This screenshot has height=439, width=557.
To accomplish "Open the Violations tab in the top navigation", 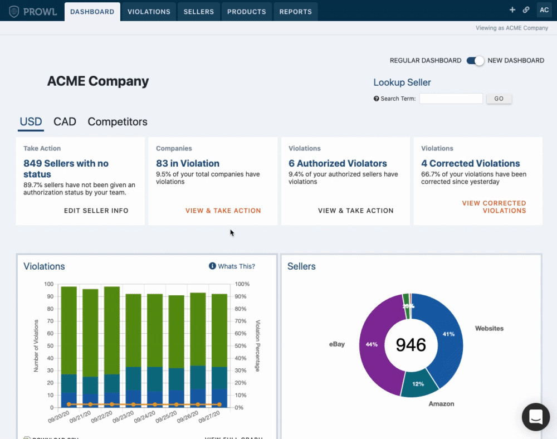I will pos(149,12).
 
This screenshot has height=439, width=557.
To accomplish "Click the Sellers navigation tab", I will pos(198,12).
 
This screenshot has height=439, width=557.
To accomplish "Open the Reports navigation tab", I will pos(295,12).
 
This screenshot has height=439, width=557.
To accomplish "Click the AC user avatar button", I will pos(544,10).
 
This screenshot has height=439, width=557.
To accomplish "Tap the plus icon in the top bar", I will pos(512,10).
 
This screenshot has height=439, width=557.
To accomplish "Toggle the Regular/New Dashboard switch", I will pos(475,61).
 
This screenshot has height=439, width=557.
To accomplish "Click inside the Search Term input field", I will pos(451,99).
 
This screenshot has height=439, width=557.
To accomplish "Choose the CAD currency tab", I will pos(65,121).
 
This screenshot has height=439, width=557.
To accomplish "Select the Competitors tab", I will pos(118,121).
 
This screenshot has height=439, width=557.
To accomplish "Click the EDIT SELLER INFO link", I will pos(96,211).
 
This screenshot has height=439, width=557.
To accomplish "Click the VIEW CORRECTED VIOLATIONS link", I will pos(494,207).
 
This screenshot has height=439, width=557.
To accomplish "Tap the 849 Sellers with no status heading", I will pos(66,169).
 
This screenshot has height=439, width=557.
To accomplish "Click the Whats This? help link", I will pos(232,266).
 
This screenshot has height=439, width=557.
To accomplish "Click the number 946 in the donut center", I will pos(411,345).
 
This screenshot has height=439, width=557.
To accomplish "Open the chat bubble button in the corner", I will pos(536,417).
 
